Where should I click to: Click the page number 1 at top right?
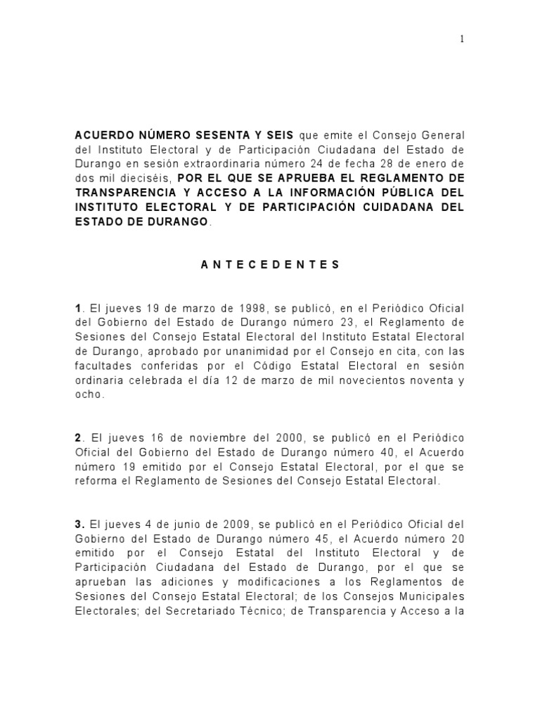coord(462,39)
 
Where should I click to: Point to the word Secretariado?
coord(204,612)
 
